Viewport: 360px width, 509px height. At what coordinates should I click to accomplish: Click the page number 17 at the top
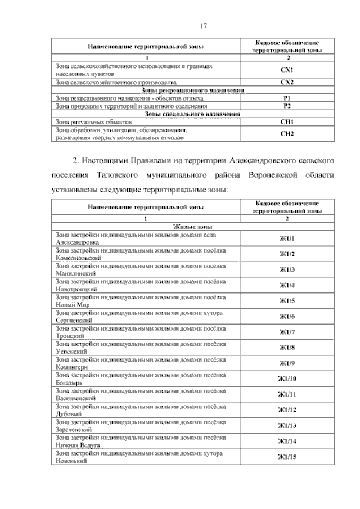coord(204,25)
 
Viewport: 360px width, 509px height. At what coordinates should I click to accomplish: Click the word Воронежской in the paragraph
coord(269,174)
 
